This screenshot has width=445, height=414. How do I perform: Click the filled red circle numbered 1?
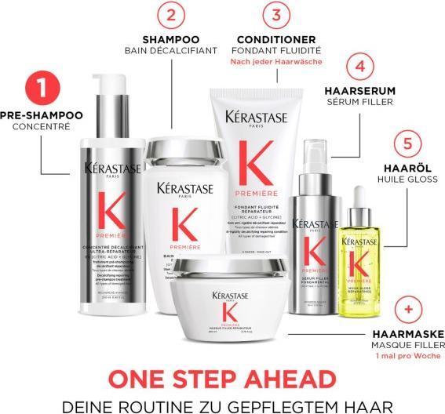tap(42, 89)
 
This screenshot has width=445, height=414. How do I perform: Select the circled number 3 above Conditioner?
tap(275, 15)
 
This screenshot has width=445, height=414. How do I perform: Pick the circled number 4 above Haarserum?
tap(359, 67)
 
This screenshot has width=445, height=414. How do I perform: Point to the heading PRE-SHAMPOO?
tap(42, 114)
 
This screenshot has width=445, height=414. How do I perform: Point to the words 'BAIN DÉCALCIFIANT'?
tap(171, 50)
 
